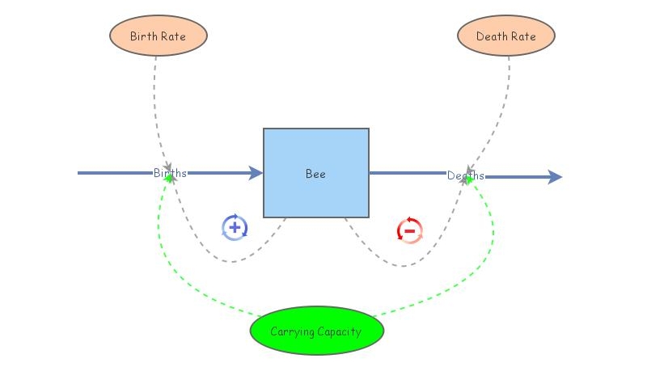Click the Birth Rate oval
pos(159,36)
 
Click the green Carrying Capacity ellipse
pos(316,331)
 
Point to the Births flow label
pos(170,173)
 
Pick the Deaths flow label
pos(466,175)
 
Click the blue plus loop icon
pos(235,228)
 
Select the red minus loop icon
pos(409,230)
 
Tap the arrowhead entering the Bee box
pos(256,173)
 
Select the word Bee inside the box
pos(315,174)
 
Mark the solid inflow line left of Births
pos(113,173)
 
